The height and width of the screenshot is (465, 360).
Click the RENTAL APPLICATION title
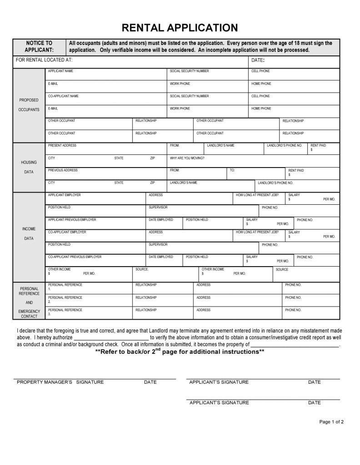[180, 28]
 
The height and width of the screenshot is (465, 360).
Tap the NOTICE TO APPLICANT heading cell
[39, 47]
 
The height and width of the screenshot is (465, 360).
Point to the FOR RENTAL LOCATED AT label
[44, 60]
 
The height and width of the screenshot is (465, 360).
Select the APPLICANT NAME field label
[60, 71]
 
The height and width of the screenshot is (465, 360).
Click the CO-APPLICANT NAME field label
[63, 96]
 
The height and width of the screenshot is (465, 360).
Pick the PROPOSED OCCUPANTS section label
[29, 105]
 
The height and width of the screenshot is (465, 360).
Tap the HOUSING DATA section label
[29, 167]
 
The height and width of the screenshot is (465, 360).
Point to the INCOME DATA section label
[29, 233]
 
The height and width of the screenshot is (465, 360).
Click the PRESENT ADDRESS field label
[62, 145]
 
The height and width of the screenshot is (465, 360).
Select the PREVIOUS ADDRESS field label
[63, 170]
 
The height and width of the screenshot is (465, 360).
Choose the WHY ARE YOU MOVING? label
[187, 158]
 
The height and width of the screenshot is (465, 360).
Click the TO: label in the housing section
[232, 170]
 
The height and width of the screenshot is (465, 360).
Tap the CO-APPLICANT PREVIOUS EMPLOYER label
[75, 257]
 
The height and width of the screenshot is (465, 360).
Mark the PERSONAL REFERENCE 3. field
[65, 312]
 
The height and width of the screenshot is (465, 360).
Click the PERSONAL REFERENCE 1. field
[65, 287]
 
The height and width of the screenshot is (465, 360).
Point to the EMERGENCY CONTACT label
[30, 314]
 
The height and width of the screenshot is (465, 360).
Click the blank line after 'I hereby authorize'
[111, 338]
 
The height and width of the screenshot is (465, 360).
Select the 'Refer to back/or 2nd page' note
[180, 351]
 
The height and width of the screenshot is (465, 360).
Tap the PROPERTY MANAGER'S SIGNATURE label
[60, 382]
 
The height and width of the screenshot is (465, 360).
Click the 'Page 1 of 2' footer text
[331, 422]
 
